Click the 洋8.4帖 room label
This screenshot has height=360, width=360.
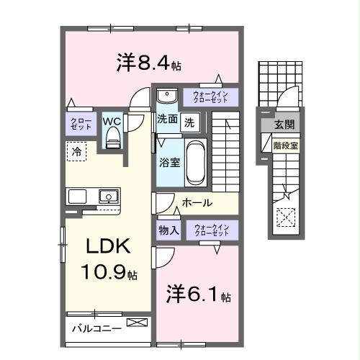click(148, 63)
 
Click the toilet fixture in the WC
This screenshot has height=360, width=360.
click(112, 140)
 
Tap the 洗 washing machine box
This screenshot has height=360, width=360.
click(189, 122)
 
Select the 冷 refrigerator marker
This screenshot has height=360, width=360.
click(76, 151)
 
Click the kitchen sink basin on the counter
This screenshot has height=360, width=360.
click(108, 196)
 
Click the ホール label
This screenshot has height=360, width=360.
click(197, 203)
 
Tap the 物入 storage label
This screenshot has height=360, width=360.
click(168, 230)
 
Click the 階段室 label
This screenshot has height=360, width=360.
click(286, 145)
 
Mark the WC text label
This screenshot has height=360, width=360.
click(112, 120)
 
